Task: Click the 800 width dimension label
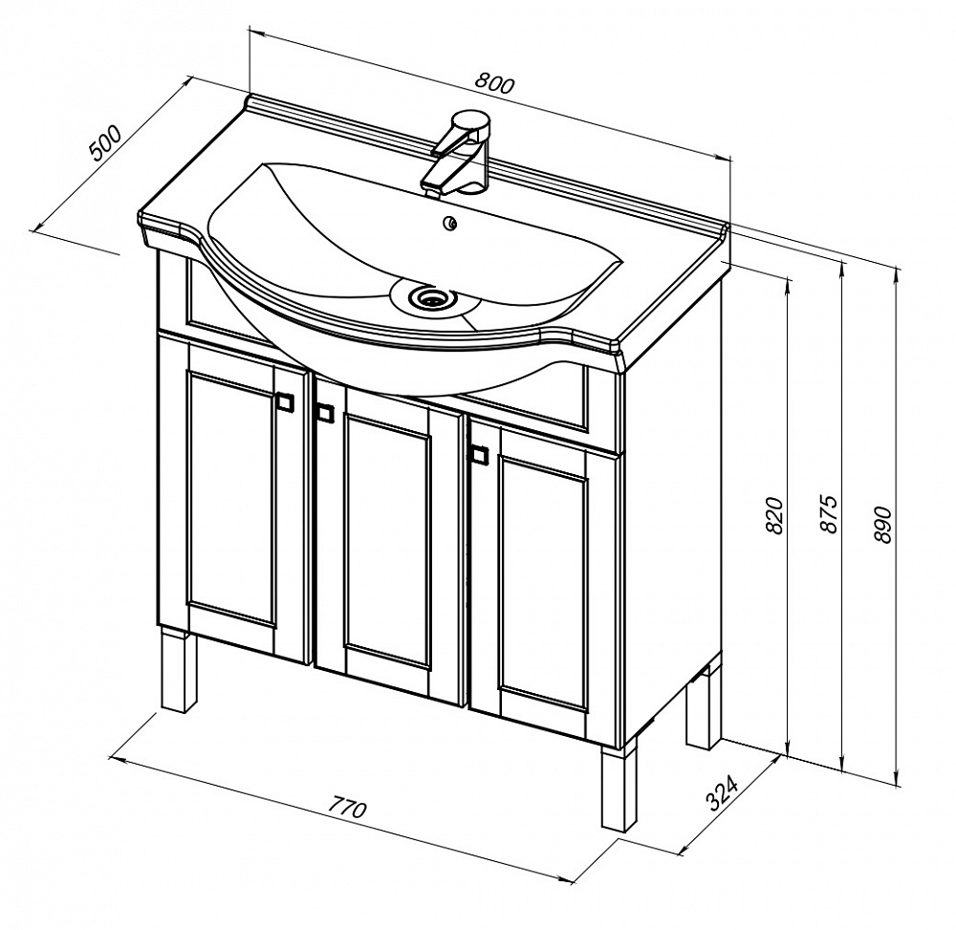[x=495, y=83]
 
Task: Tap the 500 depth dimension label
[x=106, y=143]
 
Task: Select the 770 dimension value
[x=348, y=808]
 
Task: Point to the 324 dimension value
[x=723, y=793]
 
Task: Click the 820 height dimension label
[x=773, y=515]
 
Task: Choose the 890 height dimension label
[x=883, y=524]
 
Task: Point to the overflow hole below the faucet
[x=450, y=224]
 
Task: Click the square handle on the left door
[x=285, y=401]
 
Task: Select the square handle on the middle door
[x=325, y=412]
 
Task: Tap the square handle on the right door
[x=480, y=455]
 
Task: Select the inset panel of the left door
[x=231, y=498]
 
